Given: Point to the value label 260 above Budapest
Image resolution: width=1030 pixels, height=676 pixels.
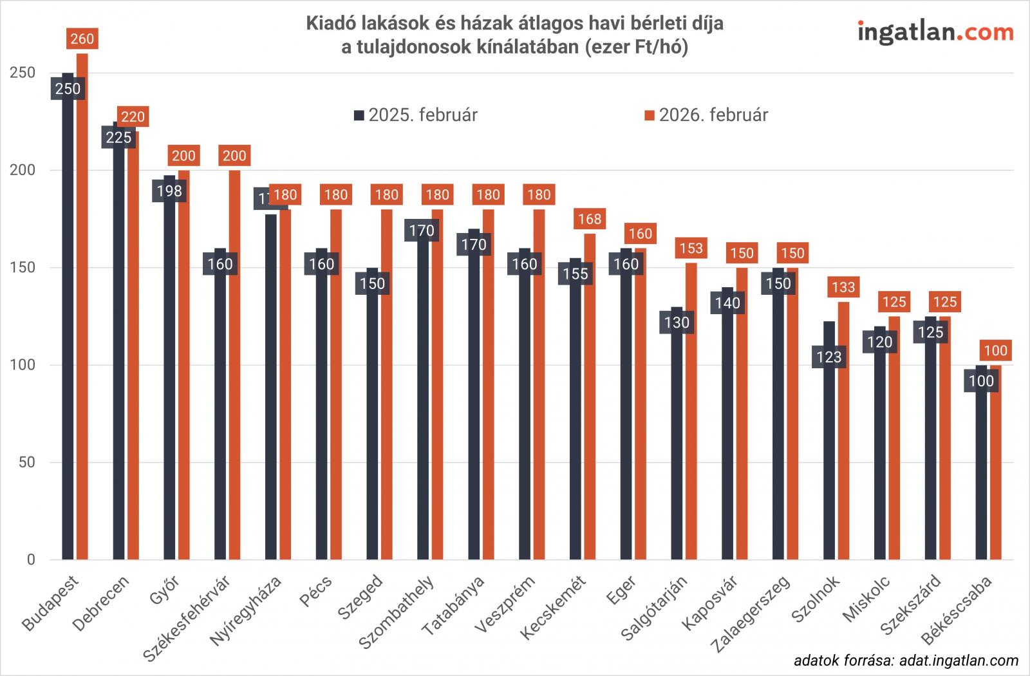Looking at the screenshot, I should (x=82, y=39).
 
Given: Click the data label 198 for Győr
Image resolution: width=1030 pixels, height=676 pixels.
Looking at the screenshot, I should (x=169, y=191).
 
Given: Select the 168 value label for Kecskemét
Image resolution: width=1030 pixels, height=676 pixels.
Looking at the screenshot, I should (x=590, y=219).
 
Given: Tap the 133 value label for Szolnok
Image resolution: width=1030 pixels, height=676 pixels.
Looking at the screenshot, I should (x=843, y=287).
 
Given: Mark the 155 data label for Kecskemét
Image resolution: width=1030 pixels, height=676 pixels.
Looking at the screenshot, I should (x=576, y=274).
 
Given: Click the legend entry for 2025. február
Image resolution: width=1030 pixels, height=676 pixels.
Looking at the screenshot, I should (x=416, y=115).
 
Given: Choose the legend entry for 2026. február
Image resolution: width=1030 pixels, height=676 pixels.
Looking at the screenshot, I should (x=706, y=115).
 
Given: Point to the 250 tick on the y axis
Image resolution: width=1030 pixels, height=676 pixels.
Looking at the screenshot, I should (x=23, y=73).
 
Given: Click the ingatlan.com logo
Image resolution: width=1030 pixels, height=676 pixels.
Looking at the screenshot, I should (x=935, y=32).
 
